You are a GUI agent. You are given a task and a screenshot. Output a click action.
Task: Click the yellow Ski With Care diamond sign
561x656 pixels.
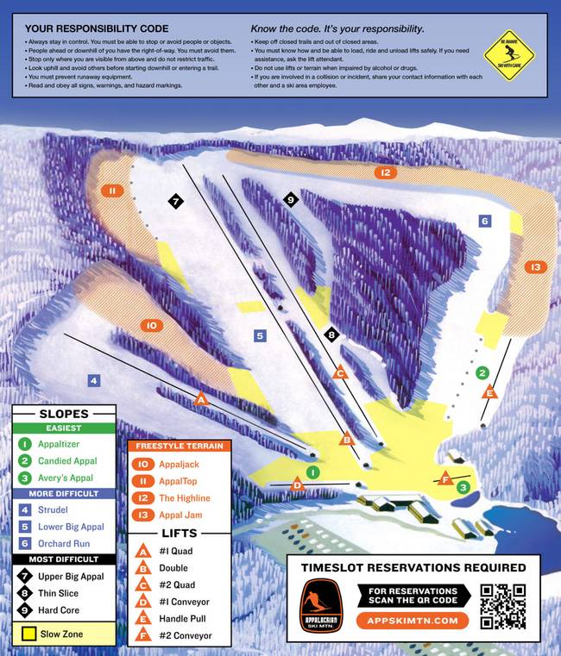(509, 53)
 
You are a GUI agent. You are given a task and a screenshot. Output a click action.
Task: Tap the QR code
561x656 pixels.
(503, 606)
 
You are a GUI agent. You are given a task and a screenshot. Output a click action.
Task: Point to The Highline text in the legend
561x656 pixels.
(185, 498)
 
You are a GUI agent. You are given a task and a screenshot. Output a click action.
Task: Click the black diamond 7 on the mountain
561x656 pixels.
(175, 202)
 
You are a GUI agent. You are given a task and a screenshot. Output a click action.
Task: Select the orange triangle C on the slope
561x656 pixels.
(340, 372)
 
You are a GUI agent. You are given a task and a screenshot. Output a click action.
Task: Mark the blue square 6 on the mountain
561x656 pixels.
(485, 222)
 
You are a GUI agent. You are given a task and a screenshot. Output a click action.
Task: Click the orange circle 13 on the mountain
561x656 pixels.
(536, 267)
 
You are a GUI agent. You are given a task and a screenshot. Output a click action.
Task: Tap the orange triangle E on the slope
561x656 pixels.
(489, 393)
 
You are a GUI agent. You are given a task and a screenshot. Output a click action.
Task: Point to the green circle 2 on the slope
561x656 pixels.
(483, 372)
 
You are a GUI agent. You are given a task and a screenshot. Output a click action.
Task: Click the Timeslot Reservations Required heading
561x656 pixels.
(413, 567)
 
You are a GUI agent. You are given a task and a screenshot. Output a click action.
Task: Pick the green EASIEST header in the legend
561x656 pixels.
(63, 428)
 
